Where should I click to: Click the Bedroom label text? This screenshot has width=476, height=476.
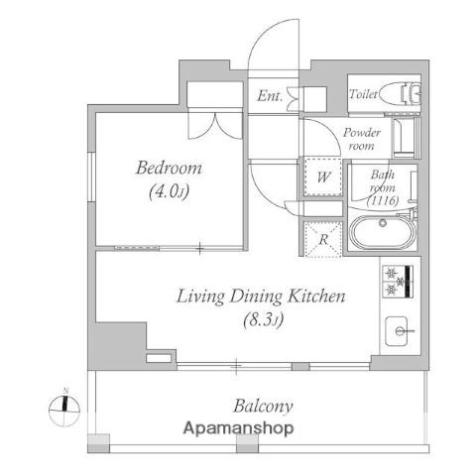point(169,168)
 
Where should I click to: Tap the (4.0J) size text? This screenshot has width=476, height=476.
point(169,191)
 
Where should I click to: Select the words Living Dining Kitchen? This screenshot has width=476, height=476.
point(261,297)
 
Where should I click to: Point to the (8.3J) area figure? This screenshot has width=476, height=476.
point(264,320)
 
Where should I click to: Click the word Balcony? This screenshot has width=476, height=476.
point(263,407)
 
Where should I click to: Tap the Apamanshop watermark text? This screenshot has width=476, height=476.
point(238,428)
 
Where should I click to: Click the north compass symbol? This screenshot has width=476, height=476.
point(64,409)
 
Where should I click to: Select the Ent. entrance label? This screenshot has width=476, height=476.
point(270,96)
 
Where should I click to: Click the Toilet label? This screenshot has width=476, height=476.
point(363,94)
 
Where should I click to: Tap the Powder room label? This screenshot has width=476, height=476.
point(362,139)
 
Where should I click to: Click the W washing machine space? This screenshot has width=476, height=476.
point(323,178)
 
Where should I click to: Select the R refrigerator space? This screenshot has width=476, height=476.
point(323,239)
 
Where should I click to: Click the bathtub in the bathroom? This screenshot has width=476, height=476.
point(383,233)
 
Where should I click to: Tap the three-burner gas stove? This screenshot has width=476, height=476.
point(398,282)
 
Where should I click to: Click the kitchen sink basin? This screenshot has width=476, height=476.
point(397,331)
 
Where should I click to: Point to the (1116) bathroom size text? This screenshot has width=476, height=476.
point(383,200)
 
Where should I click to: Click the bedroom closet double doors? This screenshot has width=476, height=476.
point(215,126)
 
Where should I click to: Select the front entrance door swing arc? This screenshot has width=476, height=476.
point(274,45)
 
